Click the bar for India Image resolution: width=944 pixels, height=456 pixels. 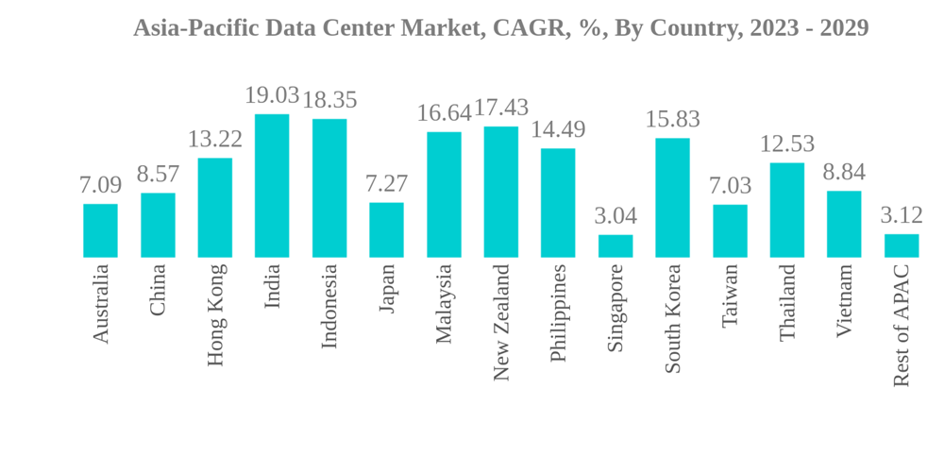pyautogui.click(x=272, y=186)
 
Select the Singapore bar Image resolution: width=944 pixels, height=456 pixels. pyautogui.click(x=615, y=246)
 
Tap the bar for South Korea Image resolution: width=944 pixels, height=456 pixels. pyautogui.click(x=672, y=198)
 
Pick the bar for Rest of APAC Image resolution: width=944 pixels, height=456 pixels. pyautogui.click(x=902, y=246)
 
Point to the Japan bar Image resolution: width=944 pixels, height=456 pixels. pyautogui.click(x=386, y=230)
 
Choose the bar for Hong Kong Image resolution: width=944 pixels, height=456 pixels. pyautogui.click(x=214, y=208)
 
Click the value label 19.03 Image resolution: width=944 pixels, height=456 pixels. pyautogui.click(x=272, y=95)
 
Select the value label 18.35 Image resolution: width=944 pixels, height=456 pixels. pyautogui.click(x=329, y=100)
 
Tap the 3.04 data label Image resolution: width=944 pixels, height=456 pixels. pyautogui.click(x=615, y=215)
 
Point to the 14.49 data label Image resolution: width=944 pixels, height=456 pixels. pyautogui.click(x=558, y=129)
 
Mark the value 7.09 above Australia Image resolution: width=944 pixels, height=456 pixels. pyautogui.click(x=100, y=185)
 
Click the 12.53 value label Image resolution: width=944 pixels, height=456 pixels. pyautogui.click(x=787, y=144)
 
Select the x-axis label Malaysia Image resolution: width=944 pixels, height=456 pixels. pyautogui.click(x=444, y=304)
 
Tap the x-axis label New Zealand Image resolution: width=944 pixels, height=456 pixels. pyautogui.click(x=501, y=322)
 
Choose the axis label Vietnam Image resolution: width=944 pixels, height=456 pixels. pyautogui.click(x=845, y=300)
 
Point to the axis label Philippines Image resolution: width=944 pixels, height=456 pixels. pyautogui.click(x=558, y=312)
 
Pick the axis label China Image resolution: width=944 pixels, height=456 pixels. pyautogui.click(x=158, y=290)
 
